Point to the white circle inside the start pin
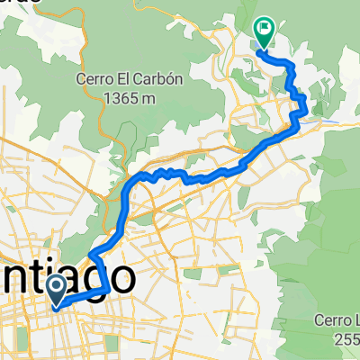click(57, 287)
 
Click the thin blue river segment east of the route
click(329, 117)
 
